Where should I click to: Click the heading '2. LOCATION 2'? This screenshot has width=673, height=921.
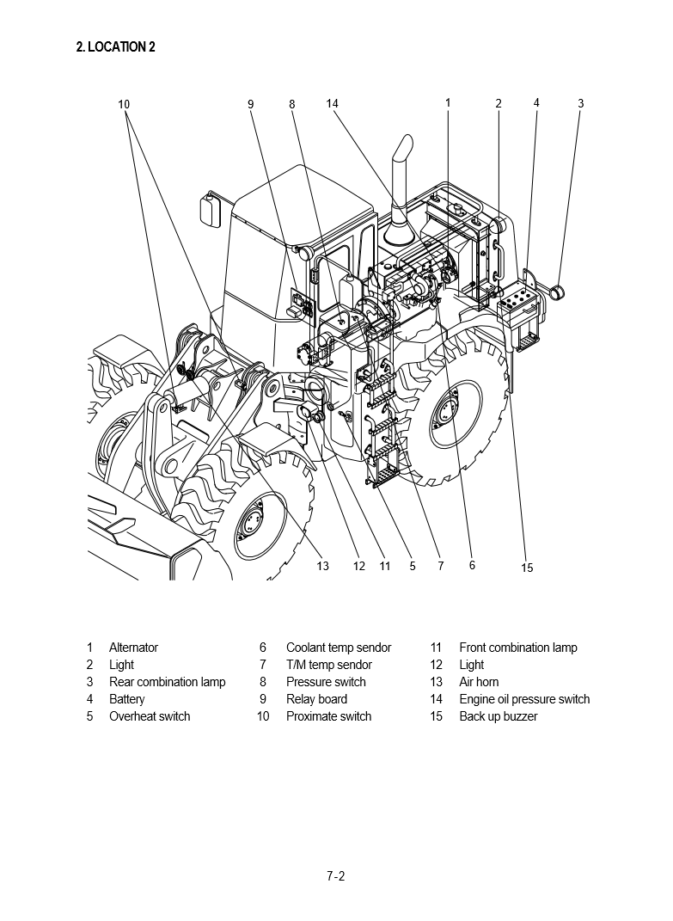click(116, 47)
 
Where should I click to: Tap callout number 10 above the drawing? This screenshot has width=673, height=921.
click(124, 105)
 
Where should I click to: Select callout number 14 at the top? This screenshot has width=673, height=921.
click(333, 104)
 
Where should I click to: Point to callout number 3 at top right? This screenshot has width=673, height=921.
click(580, 104)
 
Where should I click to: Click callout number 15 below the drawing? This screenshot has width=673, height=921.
click(528, 568)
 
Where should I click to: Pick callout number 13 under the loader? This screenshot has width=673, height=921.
click(322, 566)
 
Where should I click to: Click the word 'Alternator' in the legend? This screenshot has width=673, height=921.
click(133, 648)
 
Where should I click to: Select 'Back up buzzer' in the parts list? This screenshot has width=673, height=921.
click(498, 716)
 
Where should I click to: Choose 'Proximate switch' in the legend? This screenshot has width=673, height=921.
click(328, 716)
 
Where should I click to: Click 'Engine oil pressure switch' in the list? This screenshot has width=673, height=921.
click(524, 699)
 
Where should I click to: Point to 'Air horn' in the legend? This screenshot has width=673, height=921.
click(479, 682)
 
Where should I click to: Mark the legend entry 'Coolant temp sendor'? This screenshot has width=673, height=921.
click(339, 648)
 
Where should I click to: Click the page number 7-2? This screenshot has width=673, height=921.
click(335, 877)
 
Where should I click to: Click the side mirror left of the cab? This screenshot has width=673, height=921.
click(207, 210)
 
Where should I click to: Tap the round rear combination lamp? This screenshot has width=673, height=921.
click(559, 293)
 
